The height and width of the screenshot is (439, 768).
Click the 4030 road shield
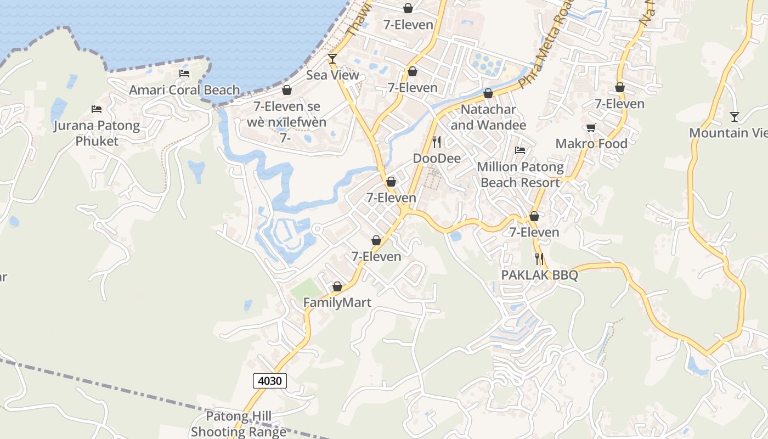[270, 380]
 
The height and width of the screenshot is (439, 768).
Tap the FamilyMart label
[337, 302]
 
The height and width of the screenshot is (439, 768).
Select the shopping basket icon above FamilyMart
[337, 286]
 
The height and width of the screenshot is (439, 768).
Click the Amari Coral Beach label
[184, 90]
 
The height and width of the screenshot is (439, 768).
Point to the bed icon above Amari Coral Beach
[184, 74]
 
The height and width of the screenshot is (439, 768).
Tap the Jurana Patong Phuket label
[97, 133]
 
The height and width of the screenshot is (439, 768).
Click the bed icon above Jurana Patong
[97, 109]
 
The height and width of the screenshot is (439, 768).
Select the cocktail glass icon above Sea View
[332, 58]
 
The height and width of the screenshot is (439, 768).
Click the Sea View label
[332, 75]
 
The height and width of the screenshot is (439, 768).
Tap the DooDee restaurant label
[437, 159]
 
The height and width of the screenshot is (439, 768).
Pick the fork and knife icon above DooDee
[437, 142]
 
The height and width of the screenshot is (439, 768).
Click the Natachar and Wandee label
[488, 117]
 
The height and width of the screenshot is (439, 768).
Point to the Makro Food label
[591, 144]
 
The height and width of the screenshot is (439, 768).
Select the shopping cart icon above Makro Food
[591, 127]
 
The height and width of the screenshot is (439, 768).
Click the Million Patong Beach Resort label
[520, 175]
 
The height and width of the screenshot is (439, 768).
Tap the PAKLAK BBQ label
[540, 275]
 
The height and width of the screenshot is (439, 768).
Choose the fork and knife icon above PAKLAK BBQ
[540, 258]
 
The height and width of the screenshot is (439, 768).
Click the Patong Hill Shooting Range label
[239, 424]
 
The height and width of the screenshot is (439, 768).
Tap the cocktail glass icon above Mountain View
[735, 116]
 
